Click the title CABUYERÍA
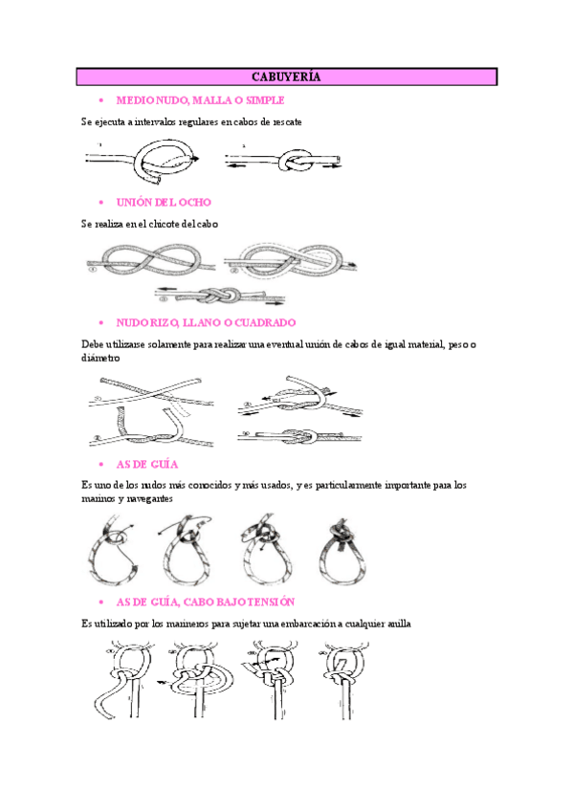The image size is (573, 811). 286,77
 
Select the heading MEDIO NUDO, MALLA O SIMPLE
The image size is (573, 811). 200,100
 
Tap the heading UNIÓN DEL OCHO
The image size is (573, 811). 164,203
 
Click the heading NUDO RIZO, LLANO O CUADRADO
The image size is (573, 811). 206,323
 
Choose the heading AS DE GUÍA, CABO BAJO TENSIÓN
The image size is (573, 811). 205,602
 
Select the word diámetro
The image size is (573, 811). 101,359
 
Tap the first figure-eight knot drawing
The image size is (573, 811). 148,260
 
